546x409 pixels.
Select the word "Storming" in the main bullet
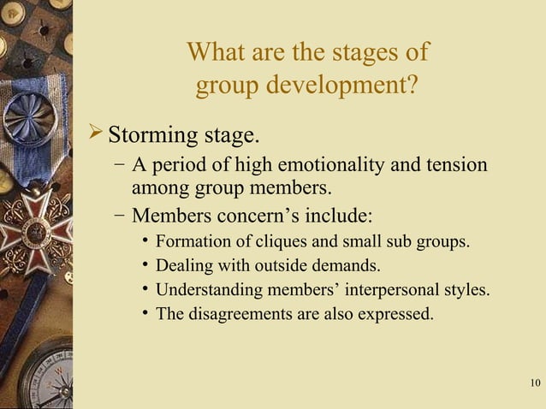coord(151,135)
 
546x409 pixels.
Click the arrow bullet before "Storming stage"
coord(96,133)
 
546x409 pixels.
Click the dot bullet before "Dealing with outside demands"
coord(147,266)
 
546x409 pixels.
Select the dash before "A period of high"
coord(118,165)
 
